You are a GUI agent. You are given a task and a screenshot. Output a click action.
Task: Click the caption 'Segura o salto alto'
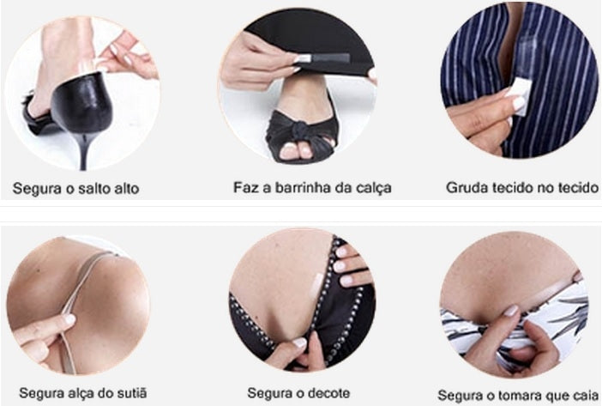75,189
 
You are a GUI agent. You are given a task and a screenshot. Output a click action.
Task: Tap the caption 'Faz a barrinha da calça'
312,188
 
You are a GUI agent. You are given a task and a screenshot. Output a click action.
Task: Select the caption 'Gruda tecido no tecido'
522,187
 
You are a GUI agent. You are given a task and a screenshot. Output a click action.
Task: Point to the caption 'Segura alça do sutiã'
83,393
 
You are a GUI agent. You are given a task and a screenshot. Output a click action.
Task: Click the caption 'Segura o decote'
298,393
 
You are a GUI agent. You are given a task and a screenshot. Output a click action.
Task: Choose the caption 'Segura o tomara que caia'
518,395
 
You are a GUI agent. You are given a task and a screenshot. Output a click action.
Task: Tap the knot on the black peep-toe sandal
300,129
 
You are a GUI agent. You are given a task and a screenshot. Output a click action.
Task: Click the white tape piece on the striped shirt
521,94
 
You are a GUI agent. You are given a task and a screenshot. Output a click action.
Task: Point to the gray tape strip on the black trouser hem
322,58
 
